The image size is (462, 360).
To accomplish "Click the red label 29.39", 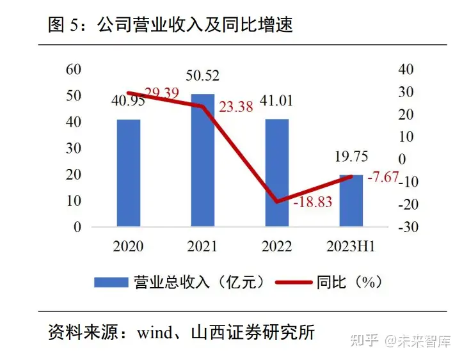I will point(163,93).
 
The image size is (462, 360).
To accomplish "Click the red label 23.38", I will point(236,107).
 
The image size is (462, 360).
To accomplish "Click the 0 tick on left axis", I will point(77,227).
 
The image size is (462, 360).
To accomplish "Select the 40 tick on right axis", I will point(406,70).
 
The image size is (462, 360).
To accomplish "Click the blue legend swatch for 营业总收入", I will point(111,282).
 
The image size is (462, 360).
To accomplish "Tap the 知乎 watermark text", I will point(363,338).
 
